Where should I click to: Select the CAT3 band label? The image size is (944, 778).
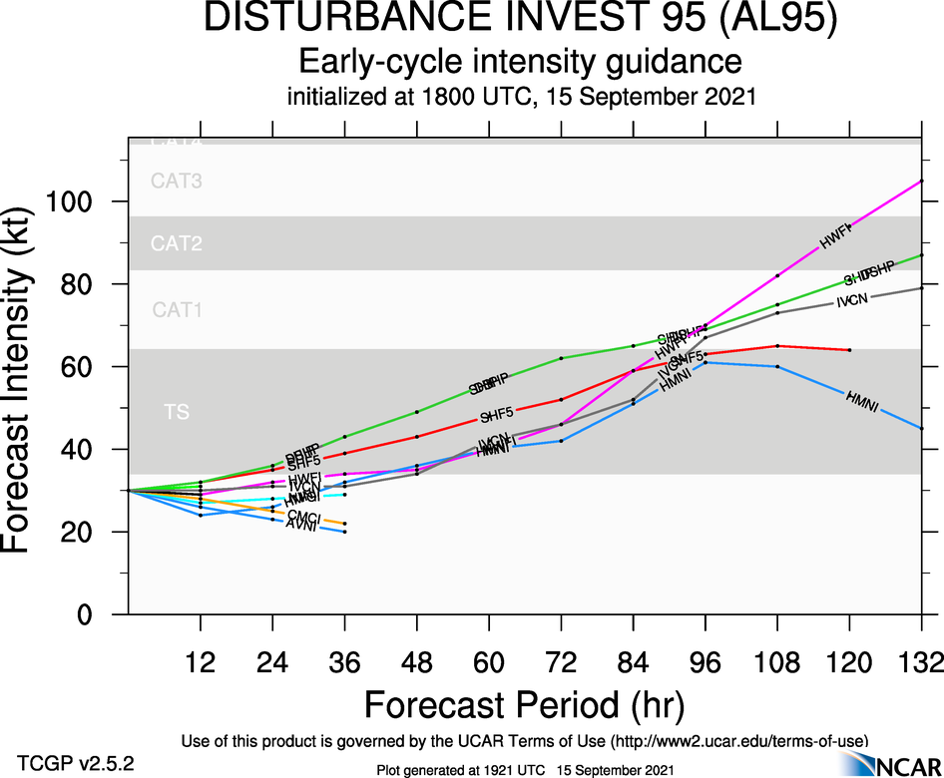click(x=177, y=182)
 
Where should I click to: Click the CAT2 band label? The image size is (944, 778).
click(x=177, y=243)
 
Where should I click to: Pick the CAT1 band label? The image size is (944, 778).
click(x=177, y=310)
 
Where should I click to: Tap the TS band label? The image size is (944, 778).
click(x=177, y=411)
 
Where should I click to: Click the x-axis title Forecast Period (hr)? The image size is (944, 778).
click(x=524, y=704)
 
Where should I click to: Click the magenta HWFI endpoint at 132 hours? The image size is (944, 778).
click(x=921, y=181)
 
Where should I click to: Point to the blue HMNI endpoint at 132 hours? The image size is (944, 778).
click(x=921, y=428)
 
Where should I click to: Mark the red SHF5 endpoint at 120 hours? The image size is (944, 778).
click(x=849, y=350)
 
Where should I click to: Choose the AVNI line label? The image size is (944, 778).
click(x=301, y=525)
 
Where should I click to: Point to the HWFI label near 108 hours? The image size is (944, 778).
click(x=834, y=235)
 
